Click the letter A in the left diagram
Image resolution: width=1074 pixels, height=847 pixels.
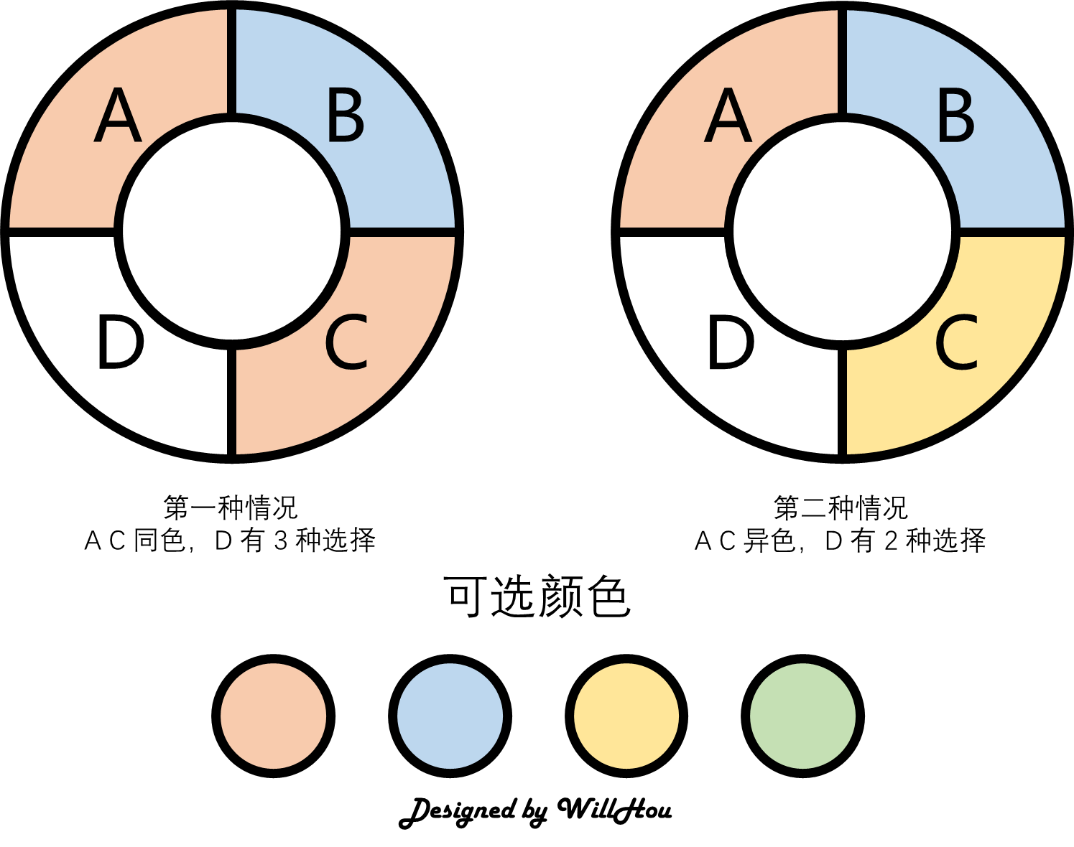118,116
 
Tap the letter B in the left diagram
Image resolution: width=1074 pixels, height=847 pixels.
346,115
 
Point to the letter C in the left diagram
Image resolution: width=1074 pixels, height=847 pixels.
346,343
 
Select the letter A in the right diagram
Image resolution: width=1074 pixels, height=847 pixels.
728,116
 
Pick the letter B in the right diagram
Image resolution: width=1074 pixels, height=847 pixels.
956,115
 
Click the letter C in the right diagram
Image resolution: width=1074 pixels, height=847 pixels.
956,343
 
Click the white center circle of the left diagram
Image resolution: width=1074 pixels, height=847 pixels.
231,231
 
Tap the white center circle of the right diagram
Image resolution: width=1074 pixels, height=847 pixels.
842,231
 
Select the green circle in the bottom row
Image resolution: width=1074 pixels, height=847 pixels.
802,716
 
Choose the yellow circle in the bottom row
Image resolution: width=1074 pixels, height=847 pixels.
626,716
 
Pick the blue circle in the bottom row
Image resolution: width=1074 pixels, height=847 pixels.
450,716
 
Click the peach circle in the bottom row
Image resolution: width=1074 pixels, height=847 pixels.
273,716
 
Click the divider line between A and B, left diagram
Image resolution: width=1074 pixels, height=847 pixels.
231,61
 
